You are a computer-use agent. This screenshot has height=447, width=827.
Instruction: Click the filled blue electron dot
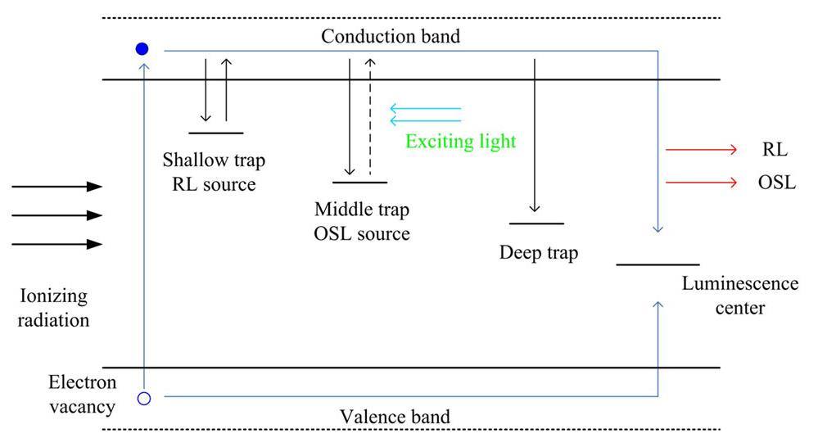[x=142, y=49]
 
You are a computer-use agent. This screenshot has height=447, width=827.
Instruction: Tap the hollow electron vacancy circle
[x=144, y=399]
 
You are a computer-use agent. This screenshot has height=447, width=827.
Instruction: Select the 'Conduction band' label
[x=390, y=36]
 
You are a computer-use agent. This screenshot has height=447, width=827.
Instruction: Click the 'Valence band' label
[x=395, y=417]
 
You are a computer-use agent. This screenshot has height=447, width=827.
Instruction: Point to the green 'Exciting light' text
[x=461, y=142]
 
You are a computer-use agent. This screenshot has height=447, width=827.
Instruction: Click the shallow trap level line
[x=215, y=133]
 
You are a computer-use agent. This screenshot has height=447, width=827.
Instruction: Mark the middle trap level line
[x=359, y=182]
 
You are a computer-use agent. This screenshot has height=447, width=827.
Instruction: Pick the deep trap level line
[x=536, y=223]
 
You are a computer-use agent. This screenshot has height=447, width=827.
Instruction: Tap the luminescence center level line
[x=658, y=264]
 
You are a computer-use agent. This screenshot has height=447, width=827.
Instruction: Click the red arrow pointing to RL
[x=702, y=150]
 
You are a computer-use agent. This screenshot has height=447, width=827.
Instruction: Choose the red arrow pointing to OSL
[x=702, y=183]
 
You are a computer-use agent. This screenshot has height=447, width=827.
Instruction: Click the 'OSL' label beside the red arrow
[x=776, y=183]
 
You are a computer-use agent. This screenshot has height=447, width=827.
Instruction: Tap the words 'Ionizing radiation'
[x=54, y=307]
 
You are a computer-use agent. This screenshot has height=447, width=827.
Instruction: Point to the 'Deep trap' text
[x=538, y=252]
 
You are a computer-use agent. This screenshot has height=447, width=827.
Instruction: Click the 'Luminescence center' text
[x=739, y=296]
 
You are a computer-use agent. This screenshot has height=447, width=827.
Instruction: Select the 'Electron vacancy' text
[x=82, y=394]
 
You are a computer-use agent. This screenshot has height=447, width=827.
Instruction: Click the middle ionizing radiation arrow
[x=56, y=215]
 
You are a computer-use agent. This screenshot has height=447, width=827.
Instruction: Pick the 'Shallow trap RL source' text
[x=214, y=172]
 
